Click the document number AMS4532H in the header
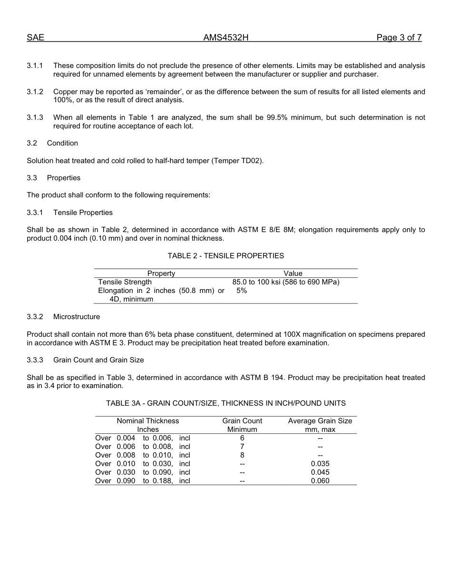(x=226, y=38)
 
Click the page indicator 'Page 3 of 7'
(x=399, y=38)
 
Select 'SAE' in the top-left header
(x=35, y=38)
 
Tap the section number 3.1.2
(x=35, y=91)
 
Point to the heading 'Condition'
(x=62, y=143)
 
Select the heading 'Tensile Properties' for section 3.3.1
(x=83, y=213)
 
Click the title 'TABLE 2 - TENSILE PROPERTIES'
(x=226, y=256)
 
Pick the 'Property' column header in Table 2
(x=161, y=273)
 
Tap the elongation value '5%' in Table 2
(x=242, y=291)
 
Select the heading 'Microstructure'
(x=77, y=317)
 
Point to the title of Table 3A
(x=226, y=403)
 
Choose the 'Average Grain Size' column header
(x=320, y=421)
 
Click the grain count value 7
(x=242, y=447)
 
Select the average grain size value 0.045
(x=320, y=472)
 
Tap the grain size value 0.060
(x=320, y=481)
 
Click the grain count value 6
(x=242, y=438)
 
